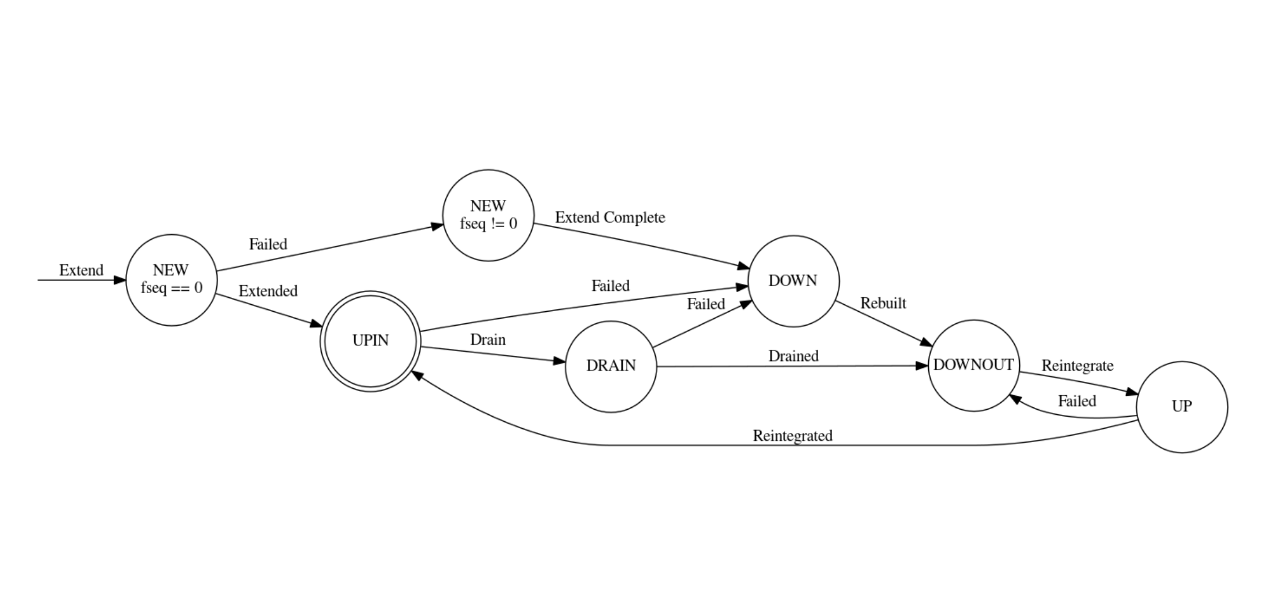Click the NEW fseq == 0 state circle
[x=171, y=280]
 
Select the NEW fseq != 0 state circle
[x=488, y=215]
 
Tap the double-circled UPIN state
[x=370, y=341]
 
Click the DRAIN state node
[x=611, y=366]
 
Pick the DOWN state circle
[x=793, y=281]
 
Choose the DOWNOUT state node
[x=973, y=365]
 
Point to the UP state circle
[x=1181, y=407]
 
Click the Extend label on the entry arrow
[x=81, y=270]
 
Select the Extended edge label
[x=268, y=291]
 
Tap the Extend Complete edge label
[x=610, y=217]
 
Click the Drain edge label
[x=488, y=340]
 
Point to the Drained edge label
[x=793, y=356]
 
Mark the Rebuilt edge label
[x=882, y=303]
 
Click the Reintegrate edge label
[x=1077, y=366]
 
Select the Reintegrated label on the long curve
[x=792, y=436]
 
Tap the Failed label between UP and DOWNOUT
[x=1077, y=401]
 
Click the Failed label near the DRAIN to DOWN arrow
[x=706, y=304]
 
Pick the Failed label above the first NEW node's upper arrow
[x=268, y=244]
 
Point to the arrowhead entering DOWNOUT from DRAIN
[x=922, y=366]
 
